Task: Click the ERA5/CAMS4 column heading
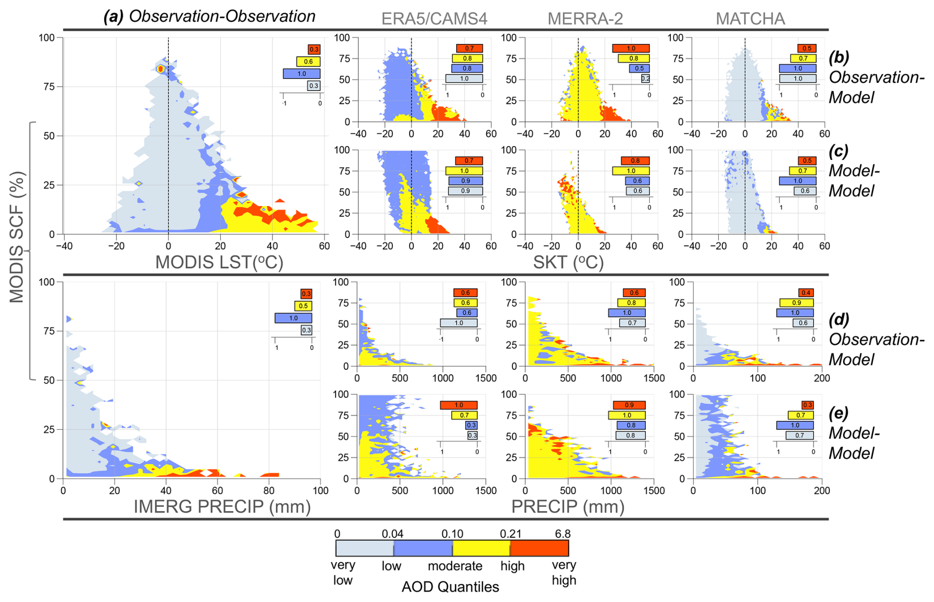(434, 19)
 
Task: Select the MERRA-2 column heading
(585, 19)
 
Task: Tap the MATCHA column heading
(750, 19)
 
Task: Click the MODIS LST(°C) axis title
(219, 262)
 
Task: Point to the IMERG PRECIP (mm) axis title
(222, 507)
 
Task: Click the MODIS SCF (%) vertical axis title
(17, 237)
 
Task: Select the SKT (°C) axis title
(568, 262)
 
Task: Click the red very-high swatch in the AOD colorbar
(539, 548)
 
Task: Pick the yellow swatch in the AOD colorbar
(481, 548)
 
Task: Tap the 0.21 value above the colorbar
(510, 534)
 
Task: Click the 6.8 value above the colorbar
(562, 534)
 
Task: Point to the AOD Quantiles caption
(450, 587)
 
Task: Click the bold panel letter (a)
(113, 17)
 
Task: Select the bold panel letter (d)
(839, 319)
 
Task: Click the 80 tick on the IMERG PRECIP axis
(269, 490)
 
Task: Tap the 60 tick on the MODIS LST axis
(324, 246)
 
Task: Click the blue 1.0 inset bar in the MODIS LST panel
(302, 74)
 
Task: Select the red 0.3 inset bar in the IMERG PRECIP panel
(306, 294)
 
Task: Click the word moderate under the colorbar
(455, 566)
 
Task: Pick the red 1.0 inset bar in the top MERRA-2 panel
(630, 48)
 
